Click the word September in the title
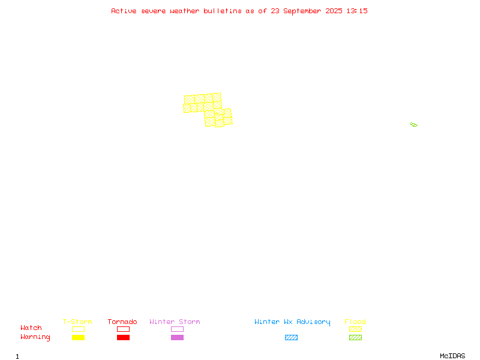(302, 11)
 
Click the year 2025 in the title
(334, 11)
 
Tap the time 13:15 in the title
(357, 11)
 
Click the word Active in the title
(124, 11)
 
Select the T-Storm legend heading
(77, 322)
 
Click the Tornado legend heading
(122, 322)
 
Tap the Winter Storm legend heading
(175, 322)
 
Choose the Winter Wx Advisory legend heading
(292, 322)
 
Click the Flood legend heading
(355, 322)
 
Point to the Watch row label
(31, 328)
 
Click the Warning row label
(35, 337)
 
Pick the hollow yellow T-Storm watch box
(79, 329)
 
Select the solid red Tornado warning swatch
(124, 337)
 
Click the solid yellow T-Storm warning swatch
(79, 337)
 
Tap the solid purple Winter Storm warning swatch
(177, 337)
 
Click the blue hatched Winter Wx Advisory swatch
(291, 337)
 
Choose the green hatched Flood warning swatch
(355, 337)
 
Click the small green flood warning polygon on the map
(413, 124)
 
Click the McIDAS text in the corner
(452, 356)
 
